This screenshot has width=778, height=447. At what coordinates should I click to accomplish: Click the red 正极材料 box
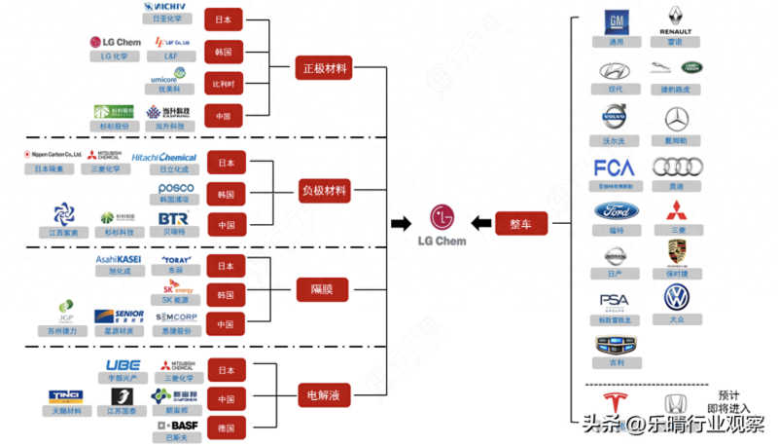coord(325,69)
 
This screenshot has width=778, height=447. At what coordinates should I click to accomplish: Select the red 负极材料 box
coord(325,191)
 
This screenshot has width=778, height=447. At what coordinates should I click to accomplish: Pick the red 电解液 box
coord(325,394)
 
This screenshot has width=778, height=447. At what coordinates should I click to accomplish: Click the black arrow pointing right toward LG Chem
coord(401,224)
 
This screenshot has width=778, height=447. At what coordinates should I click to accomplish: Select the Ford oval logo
coord(615,212)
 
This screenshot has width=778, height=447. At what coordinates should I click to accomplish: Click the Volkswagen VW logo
coord(677,297)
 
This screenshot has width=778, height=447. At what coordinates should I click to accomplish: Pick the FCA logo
coord(615,168)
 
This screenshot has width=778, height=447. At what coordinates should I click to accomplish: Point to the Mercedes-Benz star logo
coord(677,120)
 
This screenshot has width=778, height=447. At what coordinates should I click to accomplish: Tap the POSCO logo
coord(176,188)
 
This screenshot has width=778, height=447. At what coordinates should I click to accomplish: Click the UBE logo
coord(123,365)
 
